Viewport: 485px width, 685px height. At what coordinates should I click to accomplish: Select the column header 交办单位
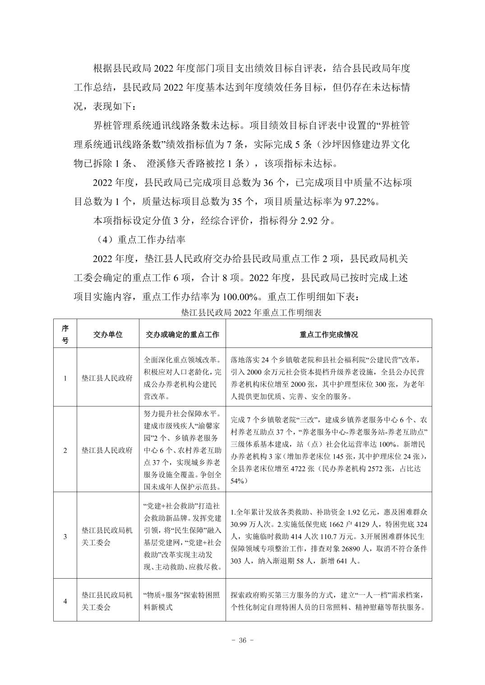(x=108, y=334)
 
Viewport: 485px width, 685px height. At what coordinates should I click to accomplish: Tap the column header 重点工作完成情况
(x=328, y=334)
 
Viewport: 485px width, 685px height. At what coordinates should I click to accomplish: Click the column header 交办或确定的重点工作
(x=182, y=334)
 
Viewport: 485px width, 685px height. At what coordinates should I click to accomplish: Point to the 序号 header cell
(x=65, y=334)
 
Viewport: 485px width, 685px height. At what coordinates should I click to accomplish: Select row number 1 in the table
(x=65, y=378)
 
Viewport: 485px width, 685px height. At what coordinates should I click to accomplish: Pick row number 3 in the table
(x=65, y=536)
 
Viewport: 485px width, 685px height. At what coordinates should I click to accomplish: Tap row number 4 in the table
(x=65, y=601)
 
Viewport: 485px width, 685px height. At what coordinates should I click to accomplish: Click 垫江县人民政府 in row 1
(x=107, y=378)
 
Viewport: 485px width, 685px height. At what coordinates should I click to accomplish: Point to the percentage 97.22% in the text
(x=360, y=201)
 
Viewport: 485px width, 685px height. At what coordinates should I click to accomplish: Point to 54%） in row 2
(x=239, y=481)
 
